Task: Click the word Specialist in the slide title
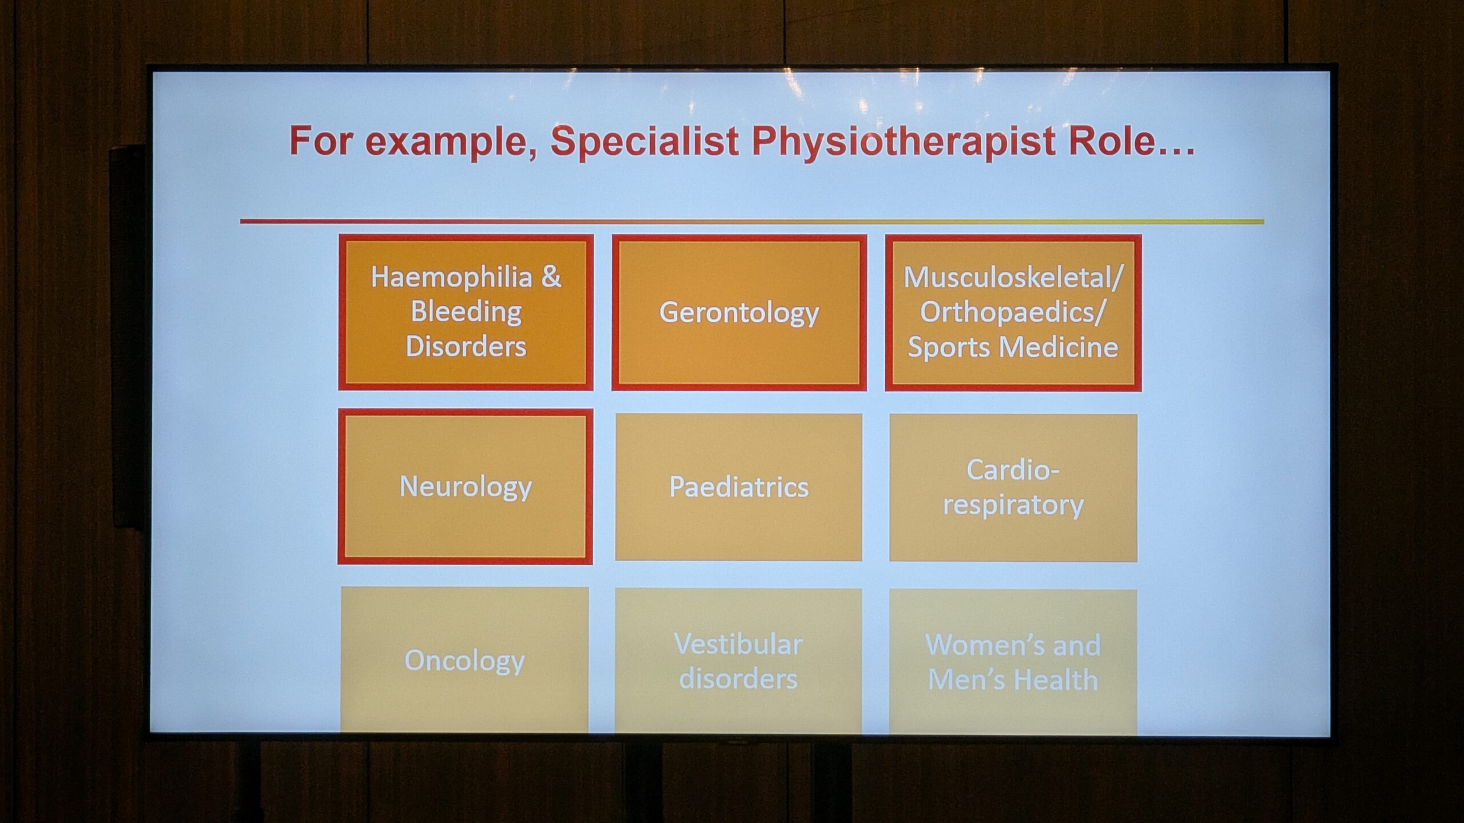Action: (x=645, y=141)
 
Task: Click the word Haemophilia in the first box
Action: (x=452, y=278)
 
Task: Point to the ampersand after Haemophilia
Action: (x=551, y=277)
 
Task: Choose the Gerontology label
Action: (x=739, y=313)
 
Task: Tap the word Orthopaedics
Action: (x=1007, y=312)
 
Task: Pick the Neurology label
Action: (x=466, y=487)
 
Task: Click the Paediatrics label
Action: (x=739, y=487)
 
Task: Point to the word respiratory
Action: (x=1013, y=505)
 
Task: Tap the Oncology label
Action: (x=464, y=661)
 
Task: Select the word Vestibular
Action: (x=738, y=645)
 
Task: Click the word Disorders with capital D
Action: (x=466, y=347)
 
